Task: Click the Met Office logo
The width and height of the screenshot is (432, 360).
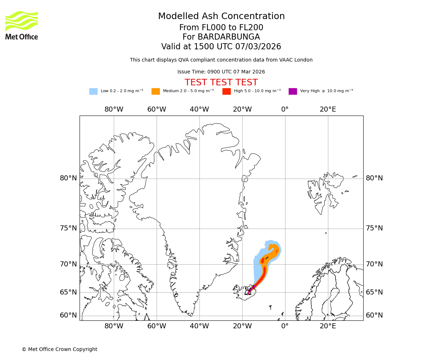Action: click(x=22, y=25)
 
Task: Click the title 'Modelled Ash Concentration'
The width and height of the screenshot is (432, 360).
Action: click(x=221, y=16)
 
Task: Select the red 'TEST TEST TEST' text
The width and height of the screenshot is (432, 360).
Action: click(x=221, y=82)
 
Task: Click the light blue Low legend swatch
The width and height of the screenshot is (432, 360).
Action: click(x=93, y=91)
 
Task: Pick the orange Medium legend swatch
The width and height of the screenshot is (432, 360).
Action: click(x=156, y=91)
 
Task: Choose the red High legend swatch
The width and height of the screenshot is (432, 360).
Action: click(x=226, y=91)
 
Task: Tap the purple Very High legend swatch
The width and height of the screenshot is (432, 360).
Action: click(x=293, y=91)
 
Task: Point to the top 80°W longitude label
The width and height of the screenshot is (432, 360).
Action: click(x=114, y=109)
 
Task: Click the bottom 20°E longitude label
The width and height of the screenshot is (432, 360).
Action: click(x=328, y=327)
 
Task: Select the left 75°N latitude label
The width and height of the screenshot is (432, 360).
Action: click(x=68, y=228)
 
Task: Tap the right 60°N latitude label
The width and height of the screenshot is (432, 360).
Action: click(x=374, y=315)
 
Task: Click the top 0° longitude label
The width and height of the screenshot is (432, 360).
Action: click(x=285, y=109)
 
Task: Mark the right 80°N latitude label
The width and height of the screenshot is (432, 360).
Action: click(x=374, y=178)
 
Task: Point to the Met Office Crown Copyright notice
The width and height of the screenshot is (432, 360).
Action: click(x=59, y=349)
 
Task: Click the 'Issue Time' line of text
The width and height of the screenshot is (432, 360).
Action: click(x=221, y=72)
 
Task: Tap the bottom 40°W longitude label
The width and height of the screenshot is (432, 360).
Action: click(x=199, y=327)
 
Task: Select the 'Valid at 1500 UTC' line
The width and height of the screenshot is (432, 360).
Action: click(x=221, y=47)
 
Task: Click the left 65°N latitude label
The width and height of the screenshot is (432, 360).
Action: click(x=68, y=292)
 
